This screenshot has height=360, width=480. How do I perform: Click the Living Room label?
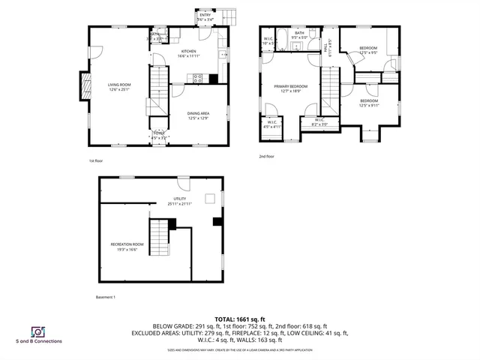pos(118,86)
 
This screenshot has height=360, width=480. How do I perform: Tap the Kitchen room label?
pos(189,52)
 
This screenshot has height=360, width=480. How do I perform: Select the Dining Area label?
pos(198,113)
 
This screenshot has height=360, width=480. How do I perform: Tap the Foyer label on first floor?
pos(159,134)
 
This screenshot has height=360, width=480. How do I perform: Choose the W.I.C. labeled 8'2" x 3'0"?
pos(319,122)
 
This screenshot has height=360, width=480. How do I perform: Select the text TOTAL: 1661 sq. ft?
pos(239,319)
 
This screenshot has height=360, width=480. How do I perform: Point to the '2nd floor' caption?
pos(266,156)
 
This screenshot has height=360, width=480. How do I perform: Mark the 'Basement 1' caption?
pos(106,297)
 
